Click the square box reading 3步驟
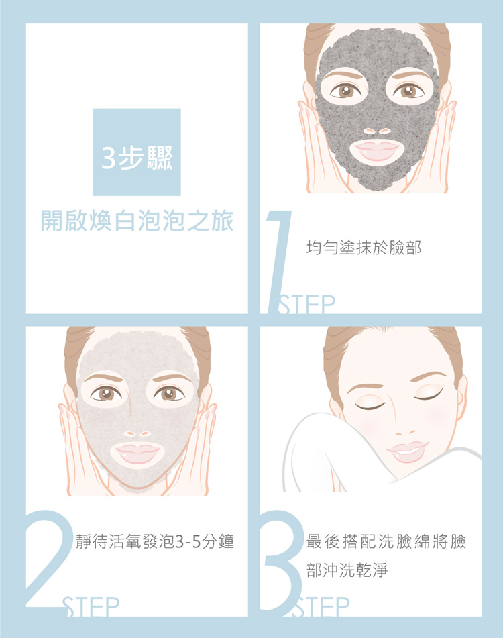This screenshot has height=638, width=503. pyautogui.click(x=137, y=152)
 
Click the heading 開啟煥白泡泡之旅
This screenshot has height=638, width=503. pyautogui.click(x=137, y=221)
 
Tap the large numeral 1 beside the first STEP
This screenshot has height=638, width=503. pyautogui.click(x=278, y=262)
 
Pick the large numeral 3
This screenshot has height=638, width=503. pyautogui.click(x=282, y=561)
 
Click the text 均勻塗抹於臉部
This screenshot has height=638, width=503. pyautogui.click(x=364, y=248)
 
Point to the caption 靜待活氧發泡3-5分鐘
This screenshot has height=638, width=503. pyautogui.click(x=155, y=541)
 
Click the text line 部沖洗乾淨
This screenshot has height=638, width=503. pyautogui.click(x=347, y=570)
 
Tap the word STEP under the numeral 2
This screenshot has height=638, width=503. pyautogui.click(x=91, y=606)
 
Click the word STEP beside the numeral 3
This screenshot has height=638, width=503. pyautogui.click(x=321, y=606)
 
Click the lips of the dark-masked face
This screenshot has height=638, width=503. pyautogui.click(x=377, y=150)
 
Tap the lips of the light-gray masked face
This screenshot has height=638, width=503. pyautogui.click(x=137, y=453)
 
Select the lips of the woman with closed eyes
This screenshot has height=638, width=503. pyautogui.click(x=408, y=451)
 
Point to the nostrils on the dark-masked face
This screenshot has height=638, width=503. pyautogui.click(x=377, y=131)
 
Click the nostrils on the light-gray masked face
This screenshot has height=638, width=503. pyautogui.click(x=137, y=434)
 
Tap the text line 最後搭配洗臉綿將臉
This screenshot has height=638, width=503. pyautogui.click(x=386, y=541)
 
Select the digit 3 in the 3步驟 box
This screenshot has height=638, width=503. pyautogui.click(x=109, y=158)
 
